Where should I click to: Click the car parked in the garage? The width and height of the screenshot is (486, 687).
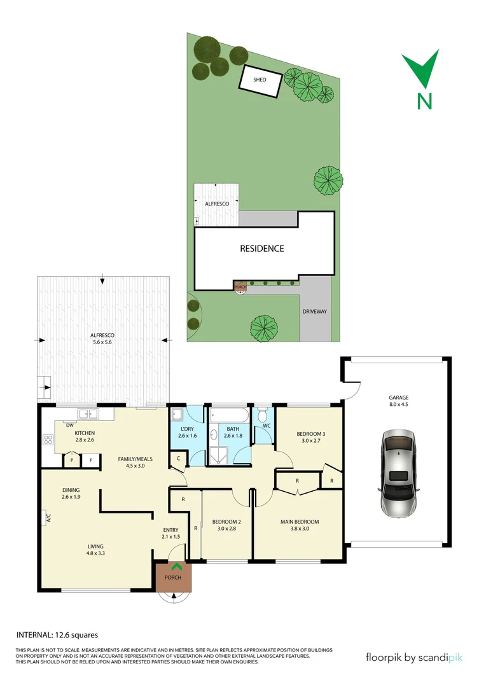pyautogui.click(x=399, y=473)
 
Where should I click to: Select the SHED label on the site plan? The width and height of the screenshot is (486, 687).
pyautogui.click(x=260, y=80)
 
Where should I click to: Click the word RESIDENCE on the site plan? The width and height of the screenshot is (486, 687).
pyautogui.click(x=261, y=248)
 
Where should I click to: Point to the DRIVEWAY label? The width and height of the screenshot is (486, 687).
pyautogui.click(x=314, y=312)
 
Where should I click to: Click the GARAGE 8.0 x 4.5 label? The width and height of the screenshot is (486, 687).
pyautogui.click(x=399, y=401)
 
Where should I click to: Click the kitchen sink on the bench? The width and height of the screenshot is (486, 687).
pyautogui.click(x=93, y=414)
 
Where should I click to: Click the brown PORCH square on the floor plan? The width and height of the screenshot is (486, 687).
pyautogui.click(x=173, y=577)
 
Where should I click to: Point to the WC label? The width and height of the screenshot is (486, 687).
pyautogui.click(x=267, y=425)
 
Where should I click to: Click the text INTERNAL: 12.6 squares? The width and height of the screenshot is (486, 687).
pyautogui.click(x=57, y=634)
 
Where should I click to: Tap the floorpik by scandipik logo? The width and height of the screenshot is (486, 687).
pyautogui.click(x=413, y=657)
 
